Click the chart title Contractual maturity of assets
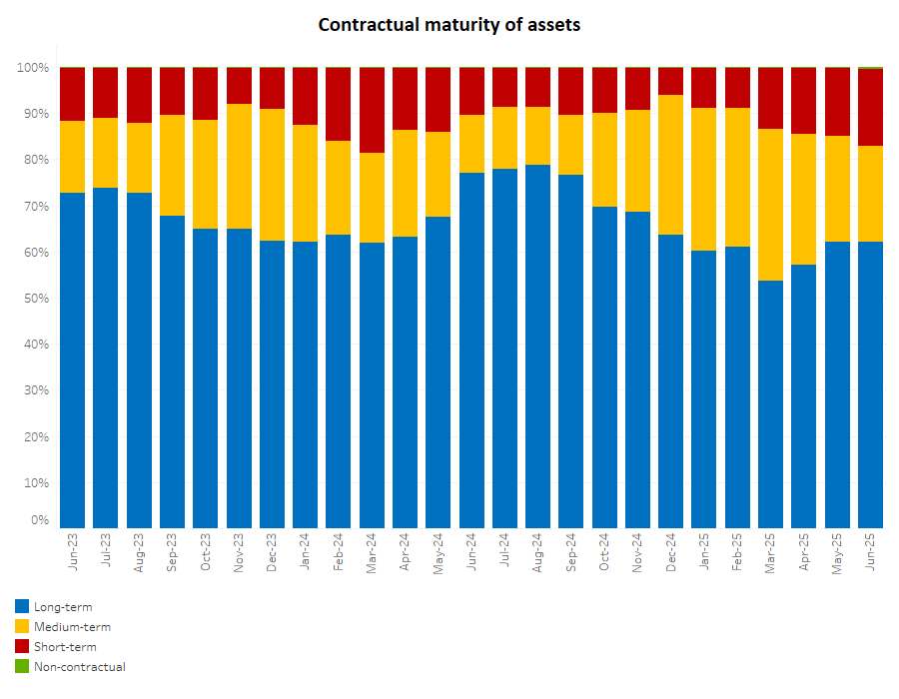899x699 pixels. point(449,24)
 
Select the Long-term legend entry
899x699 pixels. point(62,606)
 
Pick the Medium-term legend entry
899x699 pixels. point(72,626)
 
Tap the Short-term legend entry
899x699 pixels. point(65,646)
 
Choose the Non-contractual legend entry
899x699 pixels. point(79,666)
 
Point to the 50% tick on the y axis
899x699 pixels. point(33,299)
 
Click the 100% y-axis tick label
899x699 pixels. point(31,68)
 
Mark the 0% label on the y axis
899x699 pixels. point(39,520)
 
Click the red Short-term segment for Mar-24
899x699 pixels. point(372,110)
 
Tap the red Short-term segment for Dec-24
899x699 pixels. point(671,81)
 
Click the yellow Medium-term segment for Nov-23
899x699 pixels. point(239,166)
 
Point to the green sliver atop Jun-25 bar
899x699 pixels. point(870,68)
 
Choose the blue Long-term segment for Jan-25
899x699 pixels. point(704,389)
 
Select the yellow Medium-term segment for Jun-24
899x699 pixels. point(471,144)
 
